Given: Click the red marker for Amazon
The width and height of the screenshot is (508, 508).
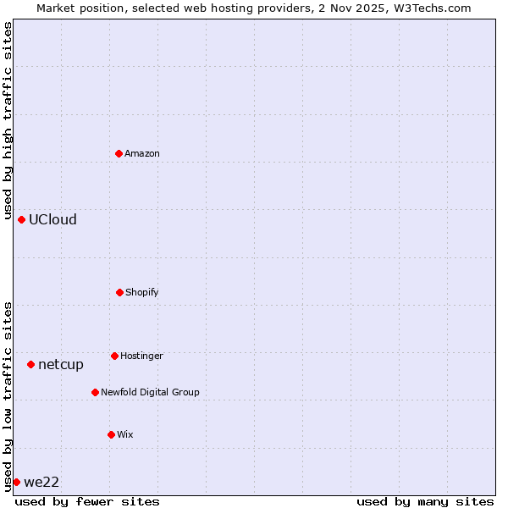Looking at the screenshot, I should pos(119,153).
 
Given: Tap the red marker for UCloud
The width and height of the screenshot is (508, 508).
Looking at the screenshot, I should pos(21,219).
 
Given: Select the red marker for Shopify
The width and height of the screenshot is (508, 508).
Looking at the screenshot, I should pos(119,292).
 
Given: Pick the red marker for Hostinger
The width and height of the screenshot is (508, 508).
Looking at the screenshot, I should pos(114,356).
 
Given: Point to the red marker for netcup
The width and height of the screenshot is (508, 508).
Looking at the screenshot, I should pos(30,364).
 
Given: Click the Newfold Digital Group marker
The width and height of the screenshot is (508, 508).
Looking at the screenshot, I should pos(95,392).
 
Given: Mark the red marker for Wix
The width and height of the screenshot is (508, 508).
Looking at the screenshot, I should pos(111,434).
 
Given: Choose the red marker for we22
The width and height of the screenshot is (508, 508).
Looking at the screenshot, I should pos(16,482).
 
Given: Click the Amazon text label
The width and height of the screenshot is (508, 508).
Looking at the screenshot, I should pos(142,154).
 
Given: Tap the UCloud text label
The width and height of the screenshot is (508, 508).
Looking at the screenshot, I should pos(52,220).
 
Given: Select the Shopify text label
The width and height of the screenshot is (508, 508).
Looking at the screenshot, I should pos(142,293).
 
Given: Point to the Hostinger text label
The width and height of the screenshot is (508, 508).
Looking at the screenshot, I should pos(141,356).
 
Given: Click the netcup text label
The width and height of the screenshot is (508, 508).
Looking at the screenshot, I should pos(61,365).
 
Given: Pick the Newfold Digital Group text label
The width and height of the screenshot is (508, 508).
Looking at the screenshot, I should pos(150,393).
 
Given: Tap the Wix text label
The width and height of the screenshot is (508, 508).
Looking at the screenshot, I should pos(125,435).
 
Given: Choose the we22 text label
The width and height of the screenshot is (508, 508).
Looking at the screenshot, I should pos(41,483).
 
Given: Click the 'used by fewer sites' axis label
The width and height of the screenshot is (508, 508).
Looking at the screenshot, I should pos(87,501).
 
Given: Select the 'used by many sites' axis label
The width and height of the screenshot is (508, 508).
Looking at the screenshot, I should pos(425,501).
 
